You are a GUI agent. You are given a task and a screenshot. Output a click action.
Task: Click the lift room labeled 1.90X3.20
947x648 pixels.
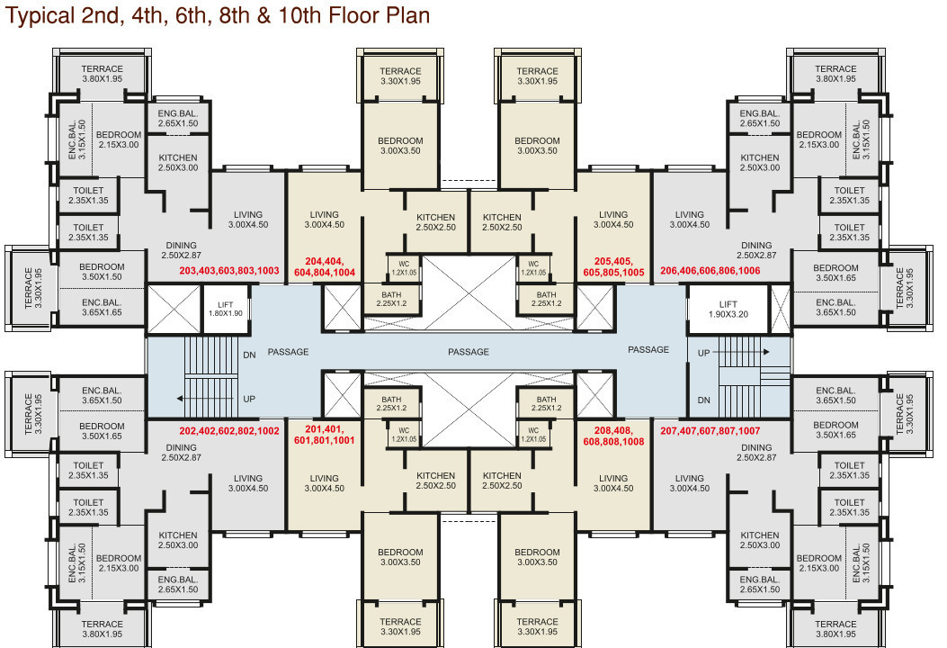(x=728, y=310)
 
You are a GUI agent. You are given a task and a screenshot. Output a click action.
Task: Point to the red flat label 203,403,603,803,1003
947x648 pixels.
(x=229, y=270)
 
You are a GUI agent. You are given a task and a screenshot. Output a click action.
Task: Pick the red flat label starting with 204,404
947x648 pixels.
(x=325, y=265)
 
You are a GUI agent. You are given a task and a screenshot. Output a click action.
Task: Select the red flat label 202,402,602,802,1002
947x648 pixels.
(x=229, y=431)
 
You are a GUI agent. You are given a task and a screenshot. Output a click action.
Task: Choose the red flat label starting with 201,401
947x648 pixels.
(x=325, y=436)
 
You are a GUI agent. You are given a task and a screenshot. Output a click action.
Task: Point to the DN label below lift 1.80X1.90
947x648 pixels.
(x=249, y=355)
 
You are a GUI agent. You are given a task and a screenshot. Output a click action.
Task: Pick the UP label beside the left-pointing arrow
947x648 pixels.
(x=249, y=398)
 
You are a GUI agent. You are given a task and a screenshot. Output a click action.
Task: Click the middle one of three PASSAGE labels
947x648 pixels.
(x=468, y=352)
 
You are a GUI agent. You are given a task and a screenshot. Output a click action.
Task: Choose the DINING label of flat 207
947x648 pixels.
(x=755, y=447)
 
